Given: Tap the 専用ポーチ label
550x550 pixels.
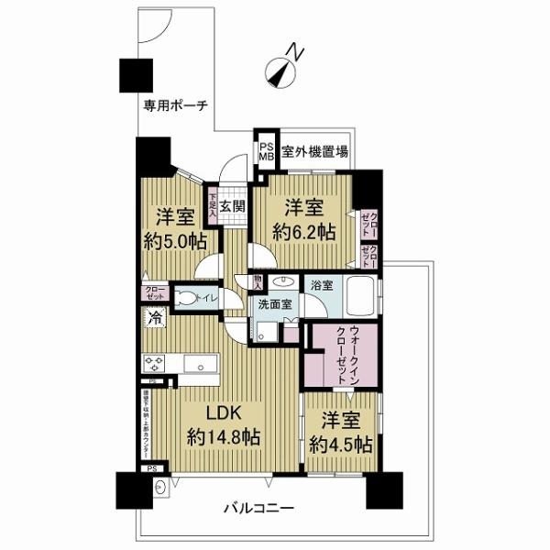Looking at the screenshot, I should tap(175, 105).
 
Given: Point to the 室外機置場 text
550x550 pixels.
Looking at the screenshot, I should tap(313, 151).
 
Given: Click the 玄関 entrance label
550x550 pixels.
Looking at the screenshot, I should tap(231, 206).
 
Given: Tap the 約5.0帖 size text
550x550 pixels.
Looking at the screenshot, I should tap(172, 241).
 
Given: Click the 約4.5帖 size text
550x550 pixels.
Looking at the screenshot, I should tap(340, 445).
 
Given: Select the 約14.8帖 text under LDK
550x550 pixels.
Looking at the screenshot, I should tap(223, 436).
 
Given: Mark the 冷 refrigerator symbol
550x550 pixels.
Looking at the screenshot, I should tap(154, 319).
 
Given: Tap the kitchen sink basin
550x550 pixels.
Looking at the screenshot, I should tap(198, 365).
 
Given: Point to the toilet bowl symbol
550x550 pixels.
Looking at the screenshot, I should tap(186, 298).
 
